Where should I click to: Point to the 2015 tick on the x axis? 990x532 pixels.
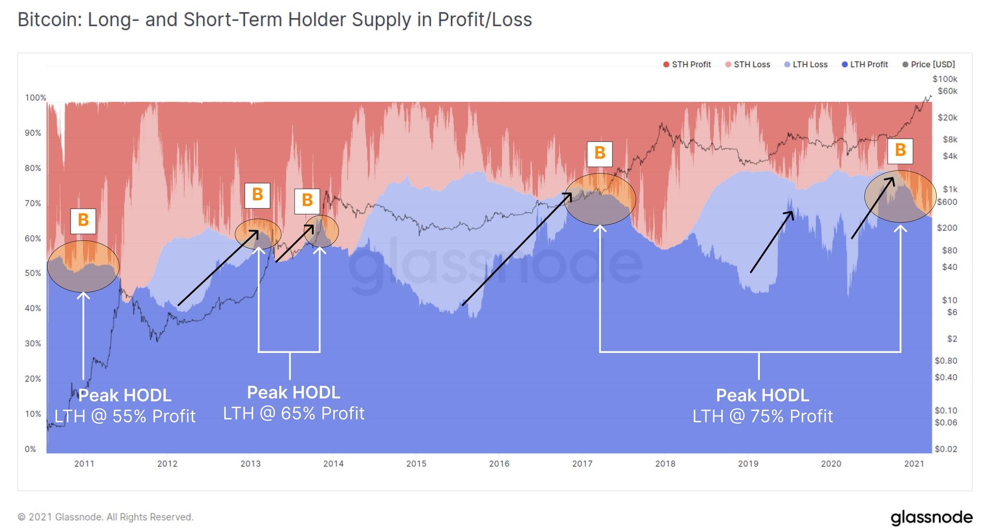[416, 463]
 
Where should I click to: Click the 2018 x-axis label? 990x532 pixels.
[665, 463]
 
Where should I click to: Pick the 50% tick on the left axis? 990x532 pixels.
[33, 273]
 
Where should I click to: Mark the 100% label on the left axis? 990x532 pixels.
[35, 98]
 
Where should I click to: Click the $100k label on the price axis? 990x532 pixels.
[945, 79]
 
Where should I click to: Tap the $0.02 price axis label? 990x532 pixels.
[945, 449]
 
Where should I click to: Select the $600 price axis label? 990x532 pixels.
[947, 202]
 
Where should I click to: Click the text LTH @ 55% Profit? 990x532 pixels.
[125, 416]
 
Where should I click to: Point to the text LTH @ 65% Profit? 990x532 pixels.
[294, 413]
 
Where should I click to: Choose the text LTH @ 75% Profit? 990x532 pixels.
[762, 416]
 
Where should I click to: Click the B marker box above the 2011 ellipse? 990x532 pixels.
[83, 221]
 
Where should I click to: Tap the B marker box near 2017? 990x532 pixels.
[600, 154]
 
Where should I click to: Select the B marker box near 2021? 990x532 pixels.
[900, 150]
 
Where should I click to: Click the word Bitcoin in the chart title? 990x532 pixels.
[49, 20]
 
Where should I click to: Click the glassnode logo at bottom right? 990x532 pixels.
[931, 517]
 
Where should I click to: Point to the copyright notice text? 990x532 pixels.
[106, 517]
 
